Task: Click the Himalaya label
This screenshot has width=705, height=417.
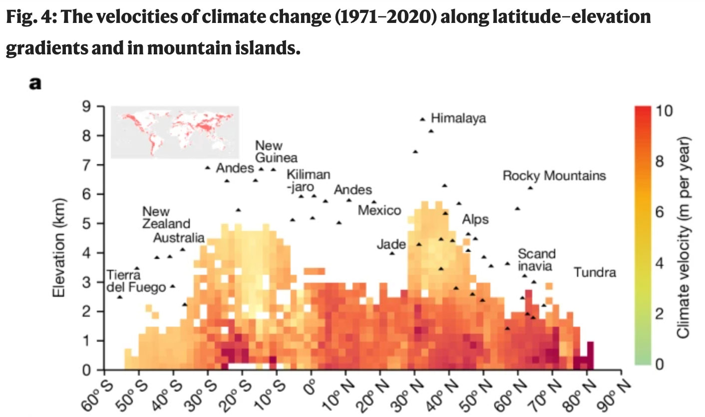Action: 458,118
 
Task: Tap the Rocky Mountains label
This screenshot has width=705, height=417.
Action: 554,176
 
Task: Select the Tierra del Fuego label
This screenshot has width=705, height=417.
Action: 135,281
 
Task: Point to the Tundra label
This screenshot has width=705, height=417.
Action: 594,272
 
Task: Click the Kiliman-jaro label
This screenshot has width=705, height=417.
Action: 308,181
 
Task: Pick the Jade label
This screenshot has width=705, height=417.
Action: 391,244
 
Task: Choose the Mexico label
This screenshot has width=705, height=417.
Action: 379,210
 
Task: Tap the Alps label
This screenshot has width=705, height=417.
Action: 475,219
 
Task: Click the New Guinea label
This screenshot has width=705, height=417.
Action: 276,152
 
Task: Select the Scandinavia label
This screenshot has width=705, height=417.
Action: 536,260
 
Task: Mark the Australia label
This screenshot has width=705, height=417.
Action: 178,237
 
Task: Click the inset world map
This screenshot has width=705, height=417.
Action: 174,132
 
